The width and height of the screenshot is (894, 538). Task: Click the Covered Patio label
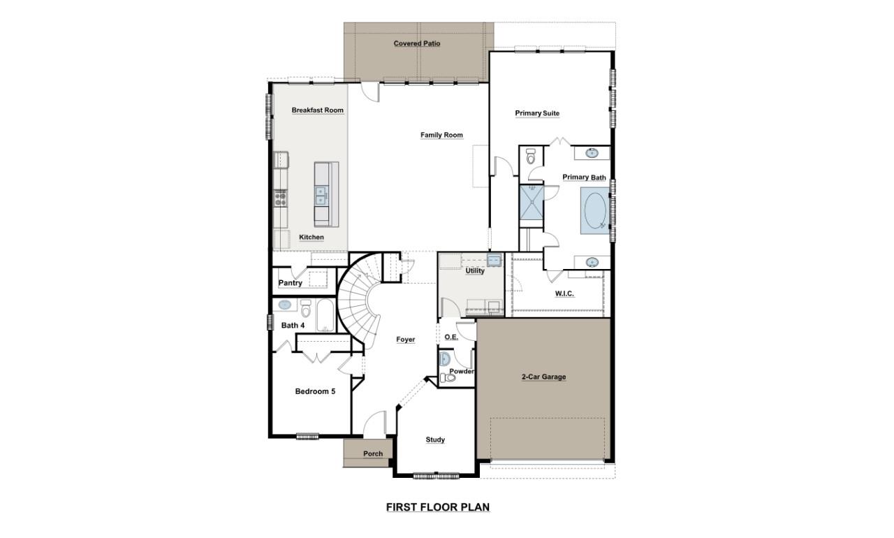(x=416, y=43)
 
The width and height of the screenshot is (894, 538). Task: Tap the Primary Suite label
(x=537, y=113)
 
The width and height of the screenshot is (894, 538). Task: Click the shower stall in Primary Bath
(x=531, y=201)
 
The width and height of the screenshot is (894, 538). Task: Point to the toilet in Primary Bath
(x=530, y=157)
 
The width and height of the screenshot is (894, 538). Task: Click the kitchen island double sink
(x=321, y=195)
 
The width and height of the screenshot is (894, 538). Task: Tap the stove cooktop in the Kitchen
(x=280, y=197)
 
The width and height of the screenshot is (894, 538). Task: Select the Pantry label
(x=290, y=283)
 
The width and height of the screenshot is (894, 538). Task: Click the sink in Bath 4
(x=285, y=305)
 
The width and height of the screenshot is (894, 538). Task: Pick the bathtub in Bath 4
(x=325, y=315)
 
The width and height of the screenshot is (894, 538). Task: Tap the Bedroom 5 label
(x=315, y=391)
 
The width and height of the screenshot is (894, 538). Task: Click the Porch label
(x=373, y=453)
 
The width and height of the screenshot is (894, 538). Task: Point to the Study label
(x=435, y=439)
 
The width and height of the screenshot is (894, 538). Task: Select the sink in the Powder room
(x=445, y=359)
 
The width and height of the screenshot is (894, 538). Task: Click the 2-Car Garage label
(x=543, y=377)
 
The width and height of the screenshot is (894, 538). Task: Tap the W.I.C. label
(x=564, y=293)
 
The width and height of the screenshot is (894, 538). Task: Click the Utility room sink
(x=493, y=261)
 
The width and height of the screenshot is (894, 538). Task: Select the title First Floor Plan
(x=438, y=507)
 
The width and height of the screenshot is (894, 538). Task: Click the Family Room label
(x=441, y=135)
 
